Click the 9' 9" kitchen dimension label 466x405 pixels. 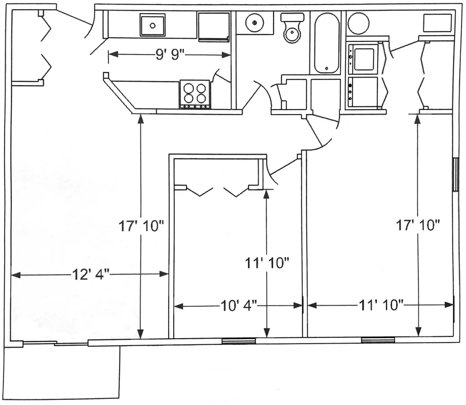[x=170, y=55]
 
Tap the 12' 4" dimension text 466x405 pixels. [x=91, y=275]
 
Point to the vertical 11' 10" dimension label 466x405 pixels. [x=267, y=263]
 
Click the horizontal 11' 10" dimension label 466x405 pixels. [x=381, y=305]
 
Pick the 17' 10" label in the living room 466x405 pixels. [x=141, y=226]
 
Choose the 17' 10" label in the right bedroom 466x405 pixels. [x=418, y=225]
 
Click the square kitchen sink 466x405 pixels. [x=152, y=25]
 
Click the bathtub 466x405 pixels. [x=327, y=43]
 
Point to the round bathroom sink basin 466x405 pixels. [x=255, y=22]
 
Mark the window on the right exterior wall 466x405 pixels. [x=455, y=174]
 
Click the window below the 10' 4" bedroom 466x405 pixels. [x=238, y=341]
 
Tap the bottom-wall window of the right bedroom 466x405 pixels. [x=378, y=340]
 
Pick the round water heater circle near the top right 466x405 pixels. [x=358, y=23]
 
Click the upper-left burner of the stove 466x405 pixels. [x=189, y=89]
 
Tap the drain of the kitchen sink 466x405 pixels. [x=152, y=26]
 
